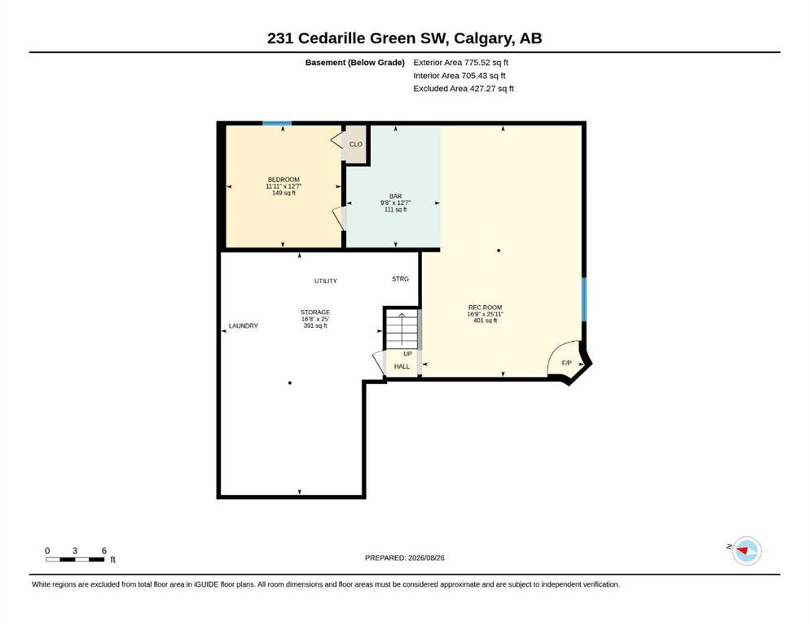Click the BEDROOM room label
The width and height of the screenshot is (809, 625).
point(284,179)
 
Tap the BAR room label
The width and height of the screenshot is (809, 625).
point(395,196)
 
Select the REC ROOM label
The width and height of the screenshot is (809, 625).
point(485,307)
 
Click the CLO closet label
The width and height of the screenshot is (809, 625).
point(355,144)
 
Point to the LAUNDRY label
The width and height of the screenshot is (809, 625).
point(244,326)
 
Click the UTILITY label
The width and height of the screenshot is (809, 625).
point(326,281)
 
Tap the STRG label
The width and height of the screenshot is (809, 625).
point(400,279)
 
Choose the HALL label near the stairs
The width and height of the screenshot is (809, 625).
point(402,366)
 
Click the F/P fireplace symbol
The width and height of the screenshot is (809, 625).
point(566,363)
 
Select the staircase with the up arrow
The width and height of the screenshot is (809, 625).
point(402,329)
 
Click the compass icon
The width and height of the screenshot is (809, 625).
point(746,551)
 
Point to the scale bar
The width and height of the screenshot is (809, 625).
point(75,559)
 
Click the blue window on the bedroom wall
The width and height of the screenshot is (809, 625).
point(277,123)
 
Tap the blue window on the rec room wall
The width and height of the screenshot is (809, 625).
point(584,299)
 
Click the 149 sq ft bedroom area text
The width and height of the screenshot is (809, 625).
point(284,193)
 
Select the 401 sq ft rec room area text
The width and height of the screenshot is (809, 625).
point(485,321)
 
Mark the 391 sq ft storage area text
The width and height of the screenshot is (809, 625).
point(315,326)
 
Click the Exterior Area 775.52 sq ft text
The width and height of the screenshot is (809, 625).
point(461,63)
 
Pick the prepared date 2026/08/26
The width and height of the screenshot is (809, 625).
point(426,557)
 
